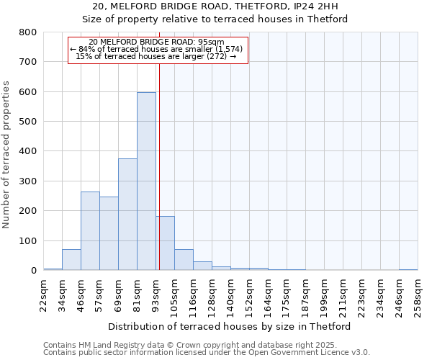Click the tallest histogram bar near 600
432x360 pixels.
point(146,181)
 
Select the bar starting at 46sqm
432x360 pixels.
point(90,231)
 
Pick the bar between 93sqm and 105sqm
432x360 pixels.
point(165,243)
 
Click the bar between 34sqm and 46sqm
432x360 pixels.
point(71,260)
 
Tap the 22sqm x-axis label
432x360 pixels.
point(43,295)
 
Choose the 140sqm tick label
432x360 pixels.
point(230,297)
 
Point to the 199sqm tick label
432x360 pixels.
point(324,297)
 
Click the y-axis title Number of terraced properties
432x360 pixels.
point(6,155)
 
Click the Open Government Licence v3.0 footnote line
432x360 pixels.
point(206,353)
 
